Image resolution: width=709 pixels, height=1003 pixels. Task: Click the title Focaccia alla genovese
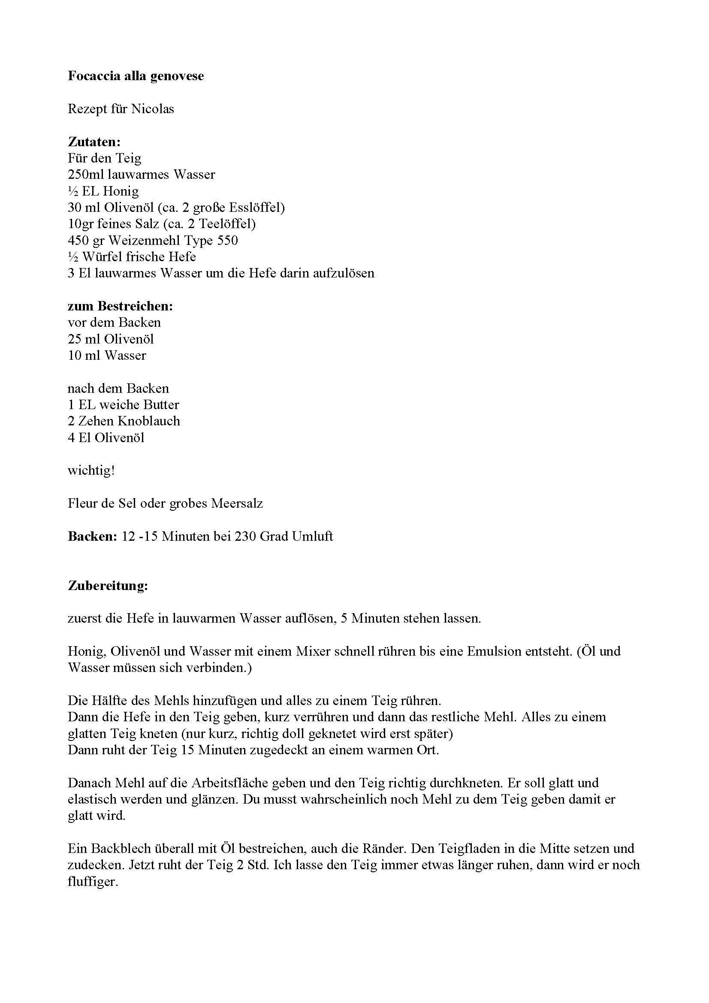coord(136,76)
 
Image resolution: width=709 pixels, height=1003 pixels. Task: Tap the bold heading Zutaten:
coord(94,142)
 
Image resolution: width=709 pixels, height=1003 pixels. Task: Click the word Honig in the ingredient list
coord(121,191)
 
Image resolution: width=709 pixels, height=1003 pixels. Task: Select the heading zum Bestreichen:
coord(120,306)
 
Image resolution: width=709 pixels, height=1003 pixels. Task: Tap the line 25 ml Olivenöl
coord(111,339)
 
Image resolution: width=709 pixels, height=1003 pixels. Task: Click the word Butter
coord(161,405)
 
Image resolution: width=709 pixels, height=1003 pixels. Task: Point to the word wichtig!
coord(91,471)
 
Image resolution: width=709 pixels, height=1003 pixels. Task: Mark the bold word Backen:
coord(92,536)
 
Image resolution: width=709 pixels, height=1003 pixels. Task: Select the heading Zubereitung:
coord(108,586)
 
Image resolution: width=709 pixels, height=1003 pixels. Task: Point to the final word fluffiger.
coord(93,882)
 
